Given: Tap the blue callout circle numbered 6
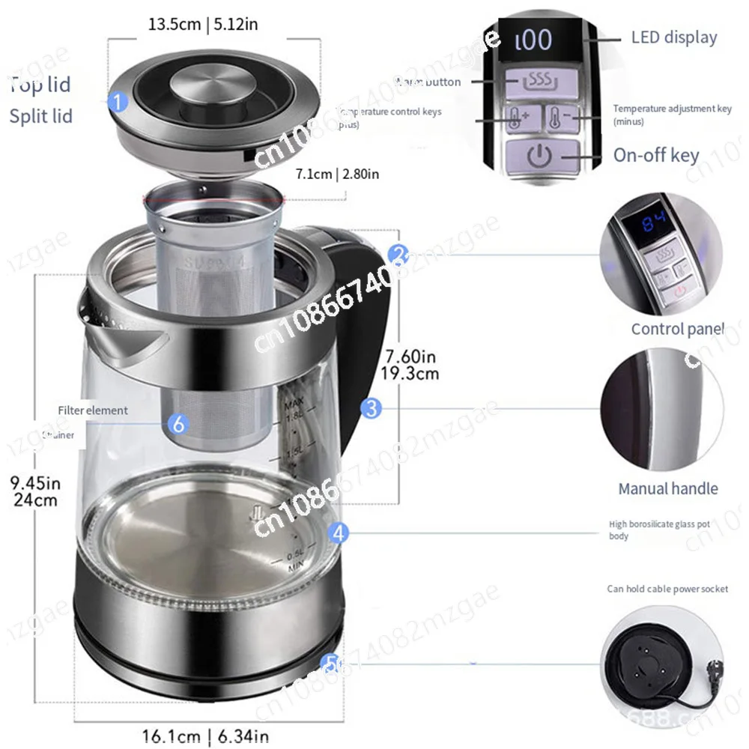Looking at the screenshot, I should (178, 424).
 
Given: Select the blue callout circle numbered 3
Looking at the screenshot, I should (371, 408).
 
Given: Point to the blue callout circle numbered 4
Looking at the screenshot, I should (339, 533).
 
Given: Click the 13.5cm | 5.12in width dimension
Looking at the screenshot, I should (203, 24).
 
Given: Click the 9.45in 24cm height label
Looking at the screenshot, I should (36, 491).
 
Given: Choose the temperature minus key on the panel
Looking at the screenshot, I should (560, 118).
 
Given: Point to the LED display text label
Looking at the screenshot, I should (673, 37).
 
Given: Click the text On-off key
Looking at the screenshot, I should (655, 155).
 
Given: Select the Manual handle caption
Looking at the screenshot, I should (667, 488).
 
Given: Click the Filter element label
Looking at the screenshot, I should (93, 410).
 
